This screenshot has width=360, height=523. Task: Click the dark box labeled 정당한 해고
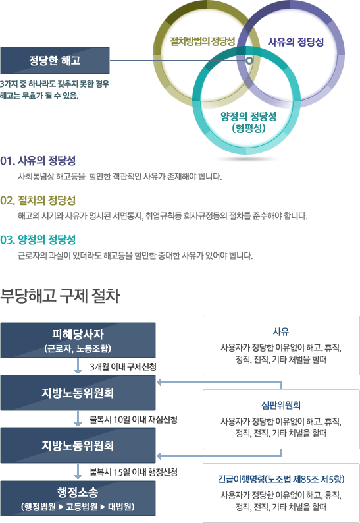(x=55, y=61)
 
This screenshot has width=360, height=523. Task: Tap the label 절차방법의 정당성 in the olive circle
(x=203, y=41)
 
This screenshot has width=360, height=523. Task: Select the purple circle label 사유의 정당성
(x=296, y=41)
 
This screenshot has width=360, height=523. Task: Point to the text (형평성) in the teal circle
(x=249, y=128)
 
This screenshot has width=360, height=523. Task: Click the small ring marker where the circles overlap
(x=249, y=61)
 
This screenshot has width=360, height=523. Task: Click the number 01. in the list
(x=8, y=161)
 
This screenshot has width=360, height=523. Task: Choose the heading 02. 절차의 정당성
(x=38, y=200)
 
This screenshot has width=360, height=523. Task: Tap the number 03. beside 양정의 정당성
(x=8, y=240)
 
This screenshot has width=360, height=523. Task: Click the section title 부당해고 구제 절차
(x=60, y=296)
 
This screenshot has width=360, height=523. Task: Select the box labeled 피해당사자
(x=78, y=340)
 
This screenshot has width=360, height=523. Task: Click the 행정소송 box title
(x=78, y=492)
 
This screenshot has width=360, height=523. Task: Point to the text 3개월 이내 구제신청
(x=123, y=367)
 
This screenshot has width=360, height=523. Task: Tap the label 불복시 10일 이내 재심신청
(x=134, y=420)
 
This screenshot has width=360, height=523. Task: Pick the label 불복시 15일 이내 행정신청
(x=134, y=472)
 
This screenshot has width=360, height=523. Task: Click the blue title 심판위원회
(x=281, y=405)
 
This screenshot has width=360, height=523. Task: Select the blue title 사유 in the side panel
(x=281, y=331)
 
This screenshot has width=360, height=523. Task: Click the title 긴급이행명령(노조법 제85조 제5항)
(x=281, y=480)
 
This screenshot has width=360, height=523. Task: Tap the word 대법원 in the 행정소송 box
(x=119, y=507)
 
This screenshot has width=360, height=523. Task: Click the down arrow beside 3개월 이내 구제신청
(x=78, y=366)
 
